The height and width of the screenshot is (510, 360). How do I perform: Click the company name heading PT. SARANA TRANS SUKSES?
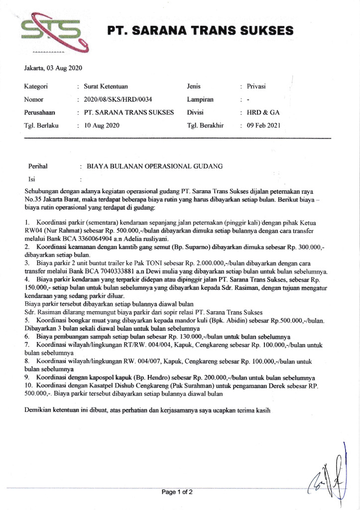[200, 31]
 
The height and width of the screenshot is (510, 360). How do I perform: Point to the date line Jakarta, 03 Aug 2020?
[53, 68]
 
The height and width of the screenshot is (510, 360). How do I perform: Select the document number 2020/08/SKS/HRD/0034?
[118, 99]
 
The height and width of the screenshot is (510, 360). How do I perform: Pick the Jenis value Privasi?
[256, 86]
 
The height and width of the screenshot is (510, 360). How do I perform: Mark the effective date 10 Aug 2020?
[103, 125]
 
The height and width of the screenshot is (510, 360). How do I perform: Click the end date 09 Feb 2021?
[263, 125]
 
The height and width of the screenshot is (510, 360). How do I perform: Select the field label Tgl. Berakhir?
[206, 125]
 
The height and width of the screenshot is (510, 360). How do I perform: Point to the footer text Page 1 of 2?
[177, 492]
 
